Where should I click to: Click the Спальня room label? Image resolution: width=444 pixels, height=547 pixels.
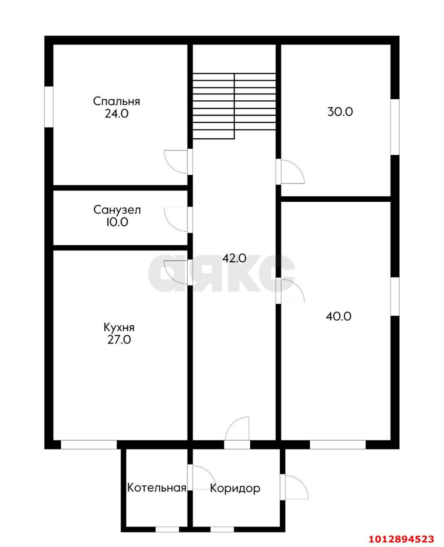pyautogui.click(x=116, y=101)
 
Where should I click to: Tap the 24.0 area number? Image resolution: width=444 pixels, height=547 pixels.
pyautogui.click(x=116, y=114)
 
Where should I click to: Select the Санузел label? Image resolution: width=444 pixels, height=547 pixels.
pyautogui.click(x=117, y=210)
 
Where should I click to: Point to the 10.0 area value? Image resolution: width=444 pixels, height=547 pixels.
pyautogui.click(x=117, y=222)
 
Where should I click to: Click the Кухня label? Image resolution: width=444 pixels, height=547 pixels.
pyautogui.click(x=119, y=328)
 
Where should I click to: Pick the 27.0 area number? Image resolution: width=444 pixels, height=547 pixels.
pyautogui.click(x=119, y=340)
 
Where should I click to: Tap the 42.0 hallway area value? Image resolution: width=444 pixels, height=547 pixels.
pyautogui.click(x=234, y=258)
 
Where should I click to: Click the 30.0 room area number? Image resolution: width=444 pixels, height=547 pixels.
pyautogui.click(x=340, y=112)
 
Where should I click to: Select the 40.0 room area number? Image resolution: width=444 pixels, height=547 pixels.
pyautogui.click(x=338, y=317)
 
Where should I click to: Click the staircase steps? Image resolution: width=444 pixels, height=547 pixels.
pyautogui.click(x=234, y=106)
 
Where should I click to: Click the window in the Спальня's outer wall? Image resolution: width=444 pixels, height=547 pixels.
pyautogui.click(x=49, y=106)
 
